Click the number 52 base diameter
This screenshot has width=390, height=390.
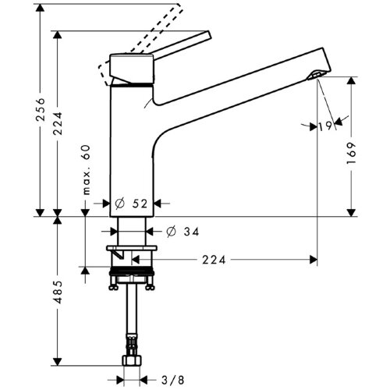pos(140,204)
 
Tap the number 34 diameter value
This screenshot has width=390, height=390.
pos(190,231)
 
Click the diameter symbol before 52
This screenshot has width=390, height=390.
pos(119,204)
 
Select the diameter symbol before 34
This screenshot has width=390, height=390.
pos(170,231)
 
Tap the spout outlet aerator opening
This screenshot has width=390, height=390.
pos(315,75)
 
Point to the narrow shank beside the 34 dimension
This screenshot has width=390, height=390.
pos(131,231)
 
